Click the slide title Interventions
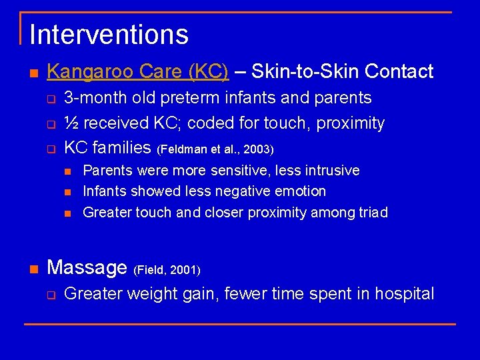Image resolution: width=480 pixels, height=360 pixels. (x=109, y=35)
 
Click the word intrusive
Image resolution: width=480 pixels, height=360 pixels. (x=332, y=171)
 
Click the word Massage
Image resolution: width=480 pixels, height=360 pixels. (x=87, y=267)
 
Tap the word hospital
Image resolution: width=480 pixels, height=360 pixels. (x=404, y=293)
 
